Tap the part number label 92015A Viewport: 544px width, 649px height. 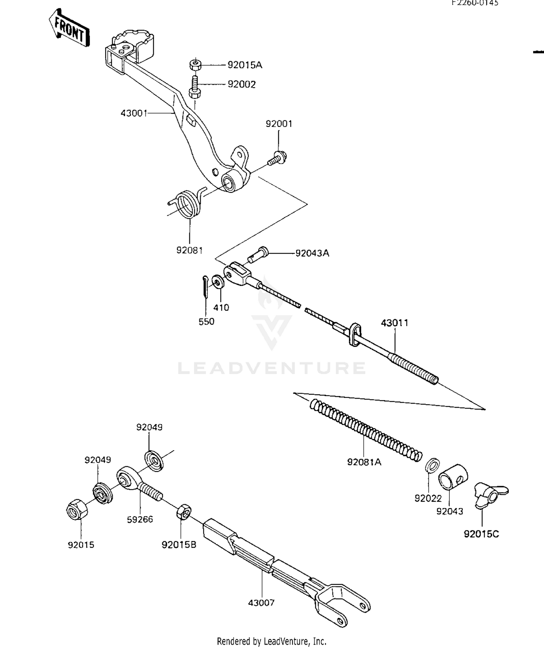click(244, 65)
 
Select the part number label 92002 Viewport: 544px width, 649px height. click(242, 85)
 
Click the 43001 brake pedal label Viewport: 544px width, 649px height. click(134, 114)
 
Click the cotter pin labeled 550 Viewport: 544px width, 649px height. click(206, 287)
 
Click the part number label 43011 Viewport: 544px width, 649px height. click(395, 323)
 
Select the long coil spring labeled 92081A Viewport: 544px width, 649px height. click(366, 430)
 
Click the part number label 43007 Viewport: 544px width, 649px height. click(261, 603)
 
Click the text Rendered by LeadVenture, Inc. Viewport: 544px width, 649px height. click(272, 641)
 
